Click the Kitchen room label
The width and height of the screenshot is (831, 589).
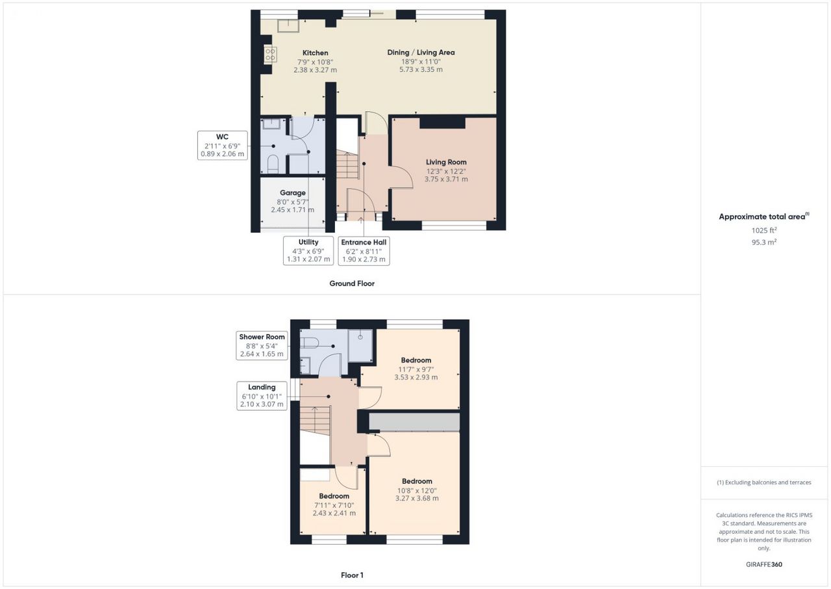(315, 53)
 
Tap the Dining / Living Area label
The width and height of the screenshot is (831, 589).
(421, 53)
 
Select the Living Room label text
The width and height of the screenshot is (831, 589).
(446, 162)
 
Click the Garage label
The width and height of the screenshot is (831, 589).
(293, 192)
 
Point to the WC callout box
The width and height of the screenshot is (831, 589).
(222, 145)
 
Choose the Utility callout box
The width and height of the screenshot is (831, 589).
(308, 250)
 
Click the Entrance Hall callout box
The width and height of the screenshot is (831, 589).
(364, 251)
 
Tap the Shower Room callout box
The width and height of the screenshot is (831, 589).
(262, 345)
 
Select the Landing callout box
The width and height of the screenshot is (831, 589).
(262, 395)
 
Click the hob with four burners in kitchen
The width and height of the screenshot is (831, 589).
(270, 55)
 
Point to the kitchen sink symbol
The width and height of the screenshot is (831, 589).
(288, 26)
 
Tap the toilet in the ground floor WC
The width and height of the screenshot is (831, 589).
(273, 164)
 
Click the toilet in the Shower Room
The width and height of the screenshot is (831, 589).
(308, 343)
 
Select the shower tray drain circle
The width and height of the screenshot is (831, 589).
(360, 337)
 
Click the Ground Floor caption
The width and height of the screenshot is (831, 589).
(352, 283)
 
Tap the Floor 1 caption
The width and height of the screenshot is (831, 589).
(352, 575)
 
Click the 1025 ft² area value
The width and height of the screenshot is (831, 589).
(764, 230)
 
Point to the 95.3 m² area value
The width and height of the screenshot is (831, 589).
(764, 242)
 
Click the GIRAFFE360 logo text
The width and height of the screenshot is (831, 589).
(764, 564)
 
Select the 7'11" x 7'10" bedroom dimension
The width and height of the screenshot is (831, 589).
(334, 505)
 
